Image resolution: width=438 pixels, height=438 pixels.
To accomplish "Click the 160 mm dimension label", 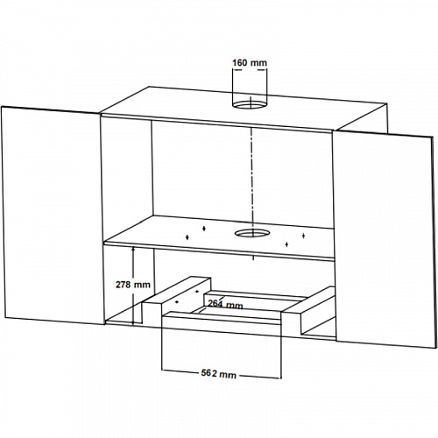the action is (250, 63).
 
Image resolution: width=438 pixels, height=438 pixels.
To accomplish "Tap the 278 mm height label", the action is (133, 285).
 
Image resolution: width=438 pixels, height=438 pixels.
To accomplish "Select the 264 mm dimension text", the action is (225, 304).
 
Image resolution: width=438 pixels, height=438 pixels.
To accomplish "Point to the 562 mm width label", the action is (219, 373).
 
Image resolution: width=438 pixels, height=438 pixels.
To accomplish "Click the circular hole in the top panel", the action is (250, 104).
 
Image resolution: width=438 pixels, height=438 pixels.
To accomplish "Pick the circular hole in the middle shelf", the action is (251, 233).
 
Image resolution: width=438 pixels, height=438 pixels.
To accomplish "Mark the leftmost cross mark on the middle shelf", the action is (187, 237).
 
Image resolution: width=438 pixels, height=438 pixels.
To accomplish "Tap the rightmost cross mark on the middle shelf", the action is (303, 236).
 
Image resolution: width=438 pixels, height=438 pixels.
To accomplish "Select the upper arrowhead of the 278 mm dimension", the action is (133, 250).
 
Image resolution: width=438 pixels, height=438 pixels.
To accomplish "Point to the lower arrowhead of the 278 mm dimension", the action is (133, 321).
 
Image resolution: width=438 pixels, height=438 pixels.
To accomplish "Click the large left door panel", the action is (53, 216).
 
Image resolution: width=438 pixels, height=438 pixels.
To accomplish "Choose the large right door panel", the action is (383, 239).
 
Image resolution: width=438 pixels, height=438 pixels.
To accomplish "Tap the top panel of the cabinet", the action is (244, 109).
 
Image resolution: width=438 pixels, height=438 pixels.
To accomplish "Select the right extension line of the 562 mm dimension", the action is (281, 349).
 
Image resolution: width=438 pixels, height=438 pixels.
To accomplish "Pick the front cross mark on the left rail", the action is (176, 302).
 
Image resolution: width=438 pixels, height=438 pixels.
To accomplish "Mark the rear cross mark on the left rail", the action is (196, 291).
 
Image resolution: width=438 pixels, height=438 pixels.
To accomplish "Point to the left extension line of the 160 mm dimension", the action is (232, 87).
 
